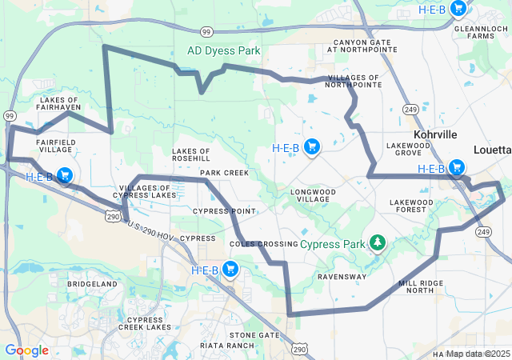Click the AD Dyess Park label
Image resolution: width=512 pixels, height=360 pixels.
pyautogui.click(x=223, y=50)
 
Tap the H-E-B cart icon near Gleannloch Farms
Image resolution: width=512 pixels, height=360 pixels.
pyautogui.click(x=458, y=9)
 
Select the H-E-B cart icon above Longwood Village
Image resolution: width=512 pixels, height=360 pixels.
pyautogui.click(x=312, y=147)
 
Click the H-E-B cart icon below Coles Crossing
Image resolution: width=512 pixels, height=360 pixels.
pyautogui.click(x=230, y=269)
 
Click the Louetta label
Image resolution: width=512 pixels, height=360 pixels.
pyautogui.click(x=490, y=150)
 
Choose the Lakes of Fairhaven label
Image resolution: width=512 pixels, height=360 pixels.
pyautogui.click(x=59, y=105)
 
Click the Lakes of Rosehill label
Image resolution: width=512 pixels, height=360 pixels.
pyautogui.click(x=191, y=154)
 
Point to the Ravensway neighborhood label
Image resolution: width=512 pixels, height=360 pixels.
pyautogui.click(x=342, y=277)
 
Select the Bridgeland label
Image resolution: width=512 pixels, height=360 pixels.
pyautogui.click(x=93, y=284)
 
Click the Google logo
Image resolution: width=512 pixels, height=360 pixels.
pyautogui.click(x=26, y=350)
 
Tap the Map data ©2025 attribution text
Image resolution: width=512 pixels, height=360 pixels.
pyautogui.click(x=478, y=354)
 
